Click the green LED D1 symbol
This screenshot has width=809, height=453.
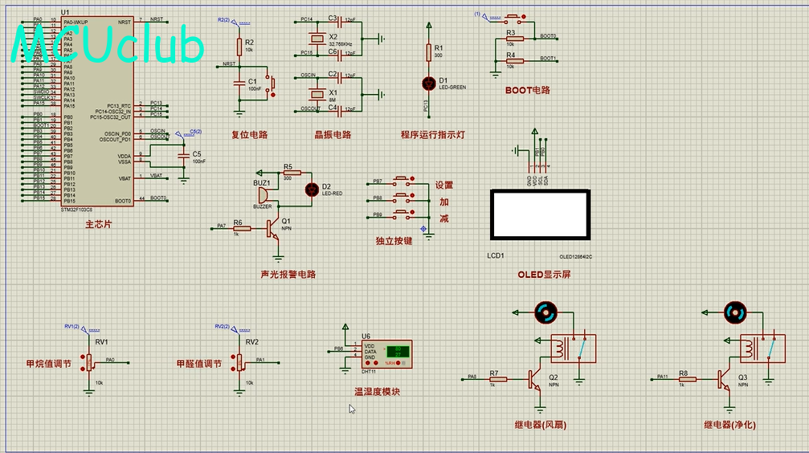[x=427, y=83]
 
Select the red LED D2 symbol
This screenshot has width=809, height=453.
[x=312, y=190]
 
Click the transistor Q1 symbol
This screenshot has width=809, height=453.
[x=275, y=228]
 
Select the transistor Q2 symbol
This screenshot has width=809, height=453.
[x=535, y=380]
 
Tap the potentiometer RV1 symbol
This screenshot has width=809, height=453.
[x=88, y=361]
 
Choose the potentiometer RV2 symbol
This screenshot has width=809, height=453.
[x=239, y=361]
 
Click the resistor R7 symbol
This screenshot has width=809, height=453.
[x=498, y=379]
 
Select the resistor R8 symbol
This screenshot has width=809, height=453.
[x=687, y=379]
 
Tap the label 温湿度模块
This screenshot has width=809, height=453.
[x=377, y=392]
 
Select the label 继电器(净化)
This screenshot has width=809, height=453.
[x=729, y=424]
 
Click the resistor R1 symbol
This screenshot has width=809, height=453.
[x=427, y=52]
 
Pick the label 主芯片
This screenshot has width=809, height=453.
[x=98, y=224]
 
